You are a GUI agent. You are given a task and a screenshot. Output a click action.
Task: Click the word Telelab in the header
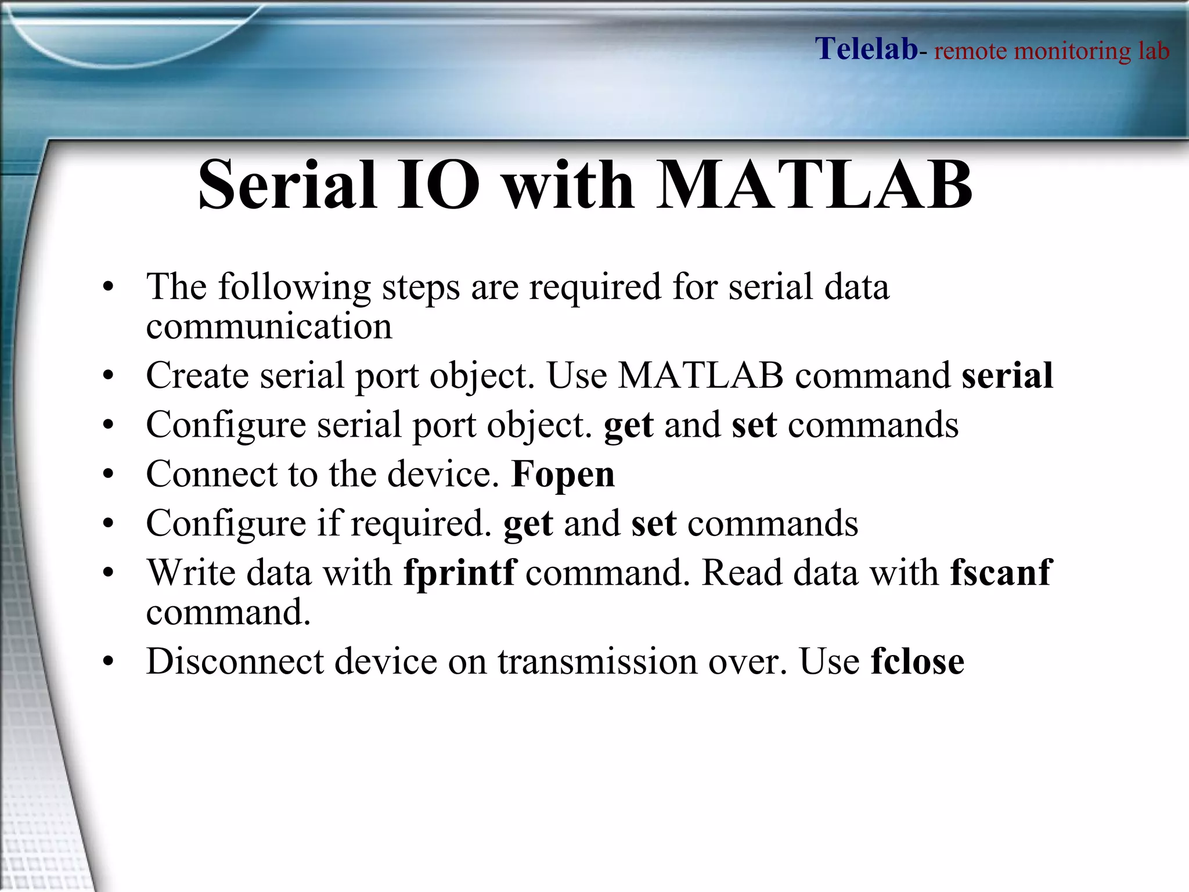pyautogui.click(x=866, y=49)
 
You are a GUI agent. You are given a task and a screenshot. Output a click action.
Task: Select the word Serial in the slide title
pyautogui.click(x=287, y=185)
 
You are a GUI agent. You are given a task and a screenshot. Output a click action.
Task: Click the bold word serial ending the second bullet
pyautogui.click(x=1007, y=376)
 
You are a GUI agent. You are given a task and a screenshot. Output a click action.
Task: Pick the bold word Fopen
pyautogui.click(x=563, y=474)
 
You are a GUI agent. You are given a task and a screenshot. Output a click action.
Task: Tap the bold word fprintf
pyautogui.click(x=459, y=573)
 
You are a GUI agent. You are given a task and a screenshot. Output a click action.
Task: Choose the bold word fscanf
pyautogui.click(x=1000, y=573)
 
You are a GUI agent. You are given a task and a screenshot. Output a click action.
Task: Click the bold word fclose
pyautogui.click(x=917, y=661)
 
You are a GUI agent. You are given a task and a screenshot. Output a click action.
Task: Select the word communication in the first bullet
pyautogui.click(x=269, y=326)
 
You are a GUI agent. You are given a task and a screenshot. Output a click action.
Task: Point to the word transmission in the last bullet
pyautogui.click(x=597, y=661)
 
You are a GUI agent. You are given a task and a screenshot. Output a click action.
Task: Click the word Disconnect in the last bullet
pyautogui.click(x=235, y=661)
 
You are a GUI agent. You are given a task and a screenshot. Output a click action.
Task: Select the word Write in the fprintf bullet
pyautogui.click(x=191, y=573)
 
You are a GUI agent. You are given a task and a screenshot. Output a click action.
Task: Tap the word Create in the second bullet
pyautogui.click(x=197, y=376)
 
